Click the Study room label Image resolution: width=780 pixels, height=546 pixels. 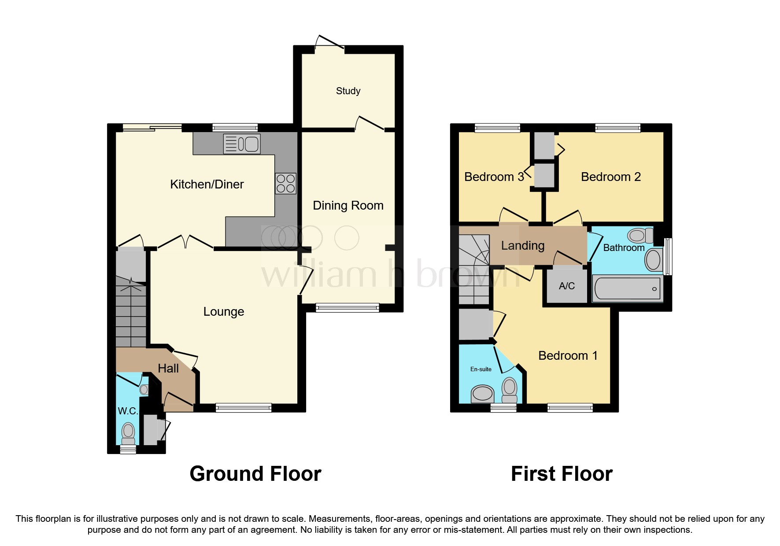coord(348,91)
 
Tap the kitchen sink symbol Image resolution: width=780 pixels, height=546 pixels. coord(242,144)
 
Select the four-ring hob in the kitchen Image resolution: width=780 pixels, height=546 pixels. coord(285,184)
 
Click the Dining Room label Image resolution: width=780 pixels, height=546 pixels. coord(348,206)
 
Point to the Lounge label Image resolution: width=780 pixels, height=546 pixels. coord(223,312)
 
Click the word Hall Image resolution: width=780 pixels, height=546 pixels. coord(168,369)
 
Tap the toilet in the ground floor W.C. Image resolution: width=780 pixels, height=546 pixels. coord(128,433)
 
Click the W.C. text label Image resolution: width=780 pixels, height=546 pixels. coord(128,411)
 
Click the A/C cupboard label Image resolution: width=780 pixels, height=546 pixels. coord(567,286)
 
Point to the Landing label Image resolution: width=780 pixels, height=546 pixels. coord(523,246)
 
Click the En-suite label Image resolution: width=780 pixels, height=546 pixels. coord(481,369)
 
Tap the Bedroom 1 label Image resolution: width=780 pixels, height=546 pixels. coord(568,356)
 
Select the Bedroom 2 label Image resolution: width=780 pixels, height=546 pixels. coord(610,177)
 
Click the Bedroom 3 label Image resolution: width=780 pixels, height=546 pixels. coord(494,177)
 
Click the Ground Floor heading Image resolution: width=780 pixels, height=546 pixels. coord(255,474)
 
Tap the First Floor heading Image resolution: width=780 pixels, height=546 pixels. coord(562,474)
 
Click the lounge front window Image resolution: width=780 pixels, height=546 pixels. coord(244,408)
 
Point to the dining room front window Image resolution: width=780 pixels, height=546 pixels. coord(347,308)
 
